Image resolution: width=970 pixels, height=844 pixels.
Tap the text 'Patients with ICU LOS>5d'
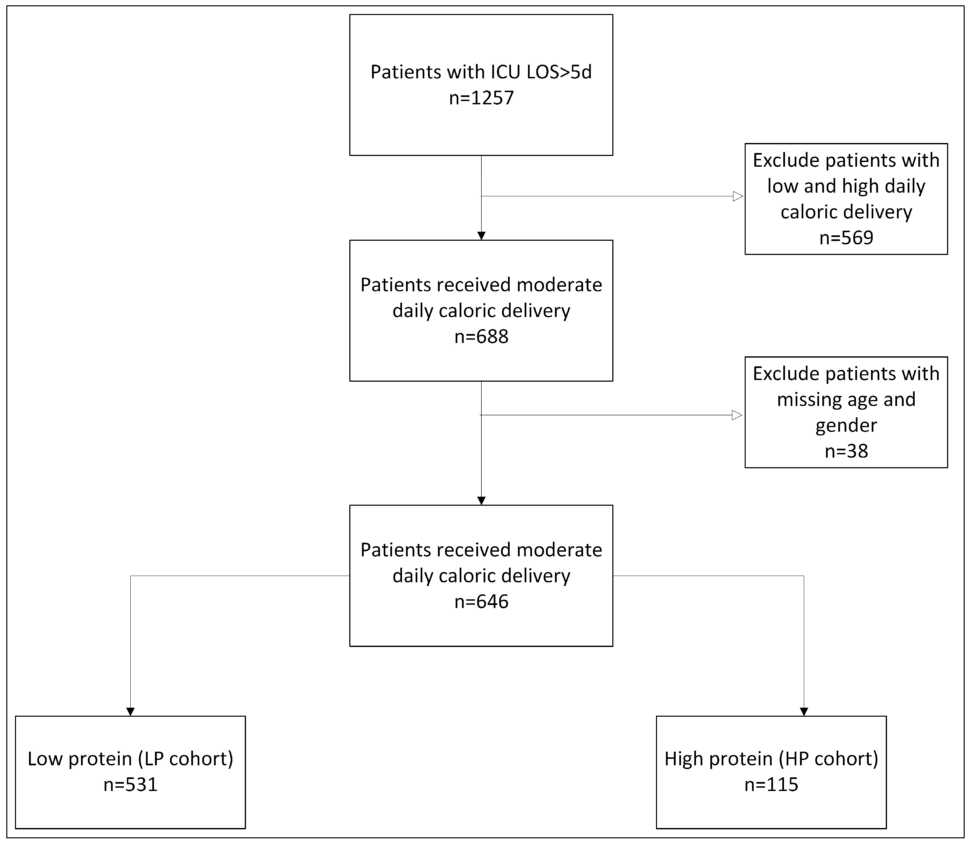[481, 72]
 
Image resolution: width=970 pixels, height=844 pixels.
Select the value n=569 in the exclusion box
[846, 238]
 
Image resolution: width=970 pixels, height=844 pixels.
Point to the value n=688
[481, 337]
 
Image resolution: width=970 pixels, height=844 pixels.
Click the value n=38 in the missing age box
[846, 451]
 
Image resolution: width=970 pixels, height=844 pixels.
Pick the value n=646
[481, 602]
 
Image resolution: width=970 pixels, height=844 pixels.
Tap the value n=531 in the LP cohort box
[130, 785]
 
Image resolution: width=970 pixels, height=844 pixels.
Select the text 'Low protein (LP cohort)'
[130, 759]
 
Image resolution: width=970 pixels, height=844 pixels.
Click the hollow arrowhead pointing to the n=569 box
[738, 196]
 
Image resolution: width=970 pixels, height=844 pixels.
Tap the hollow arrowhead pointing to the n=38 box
[737, 415]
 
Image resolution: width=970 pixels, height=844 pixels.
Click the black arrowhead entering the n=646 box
[481, 501]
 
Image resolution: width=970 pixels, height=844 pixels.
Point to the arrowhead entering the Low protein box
[130, 712]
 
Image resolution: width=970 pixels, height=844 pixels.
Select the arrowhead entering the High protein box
[804, 712]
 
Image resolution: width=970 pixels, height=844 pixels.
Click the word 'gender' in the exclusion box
[846, 425]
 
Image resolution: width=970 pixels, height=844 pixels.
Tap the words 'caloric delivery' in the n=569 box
[846, 212]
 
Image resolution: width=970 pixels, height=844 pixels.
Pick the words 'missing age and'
[846, 399]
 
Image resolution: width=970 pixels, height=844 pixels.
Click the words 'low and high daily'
[846, 186]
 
